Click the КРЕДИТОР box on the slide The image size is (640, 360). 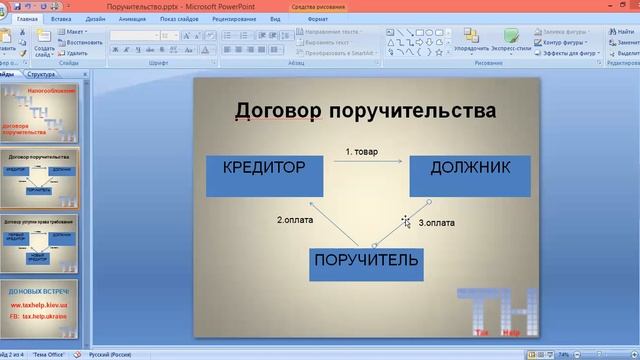(x=264, y=175)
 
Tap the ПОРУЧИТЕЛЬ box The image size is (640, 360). (x=366, y=262)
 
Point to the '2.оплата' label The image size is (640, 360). (x=296, y=219)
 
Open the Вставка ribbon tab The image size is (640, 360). (x=60, y=18)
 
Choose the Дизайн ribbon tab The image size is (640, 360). (x=96, y=18)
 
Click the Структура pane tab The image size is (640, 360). (x=41, y=75)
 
